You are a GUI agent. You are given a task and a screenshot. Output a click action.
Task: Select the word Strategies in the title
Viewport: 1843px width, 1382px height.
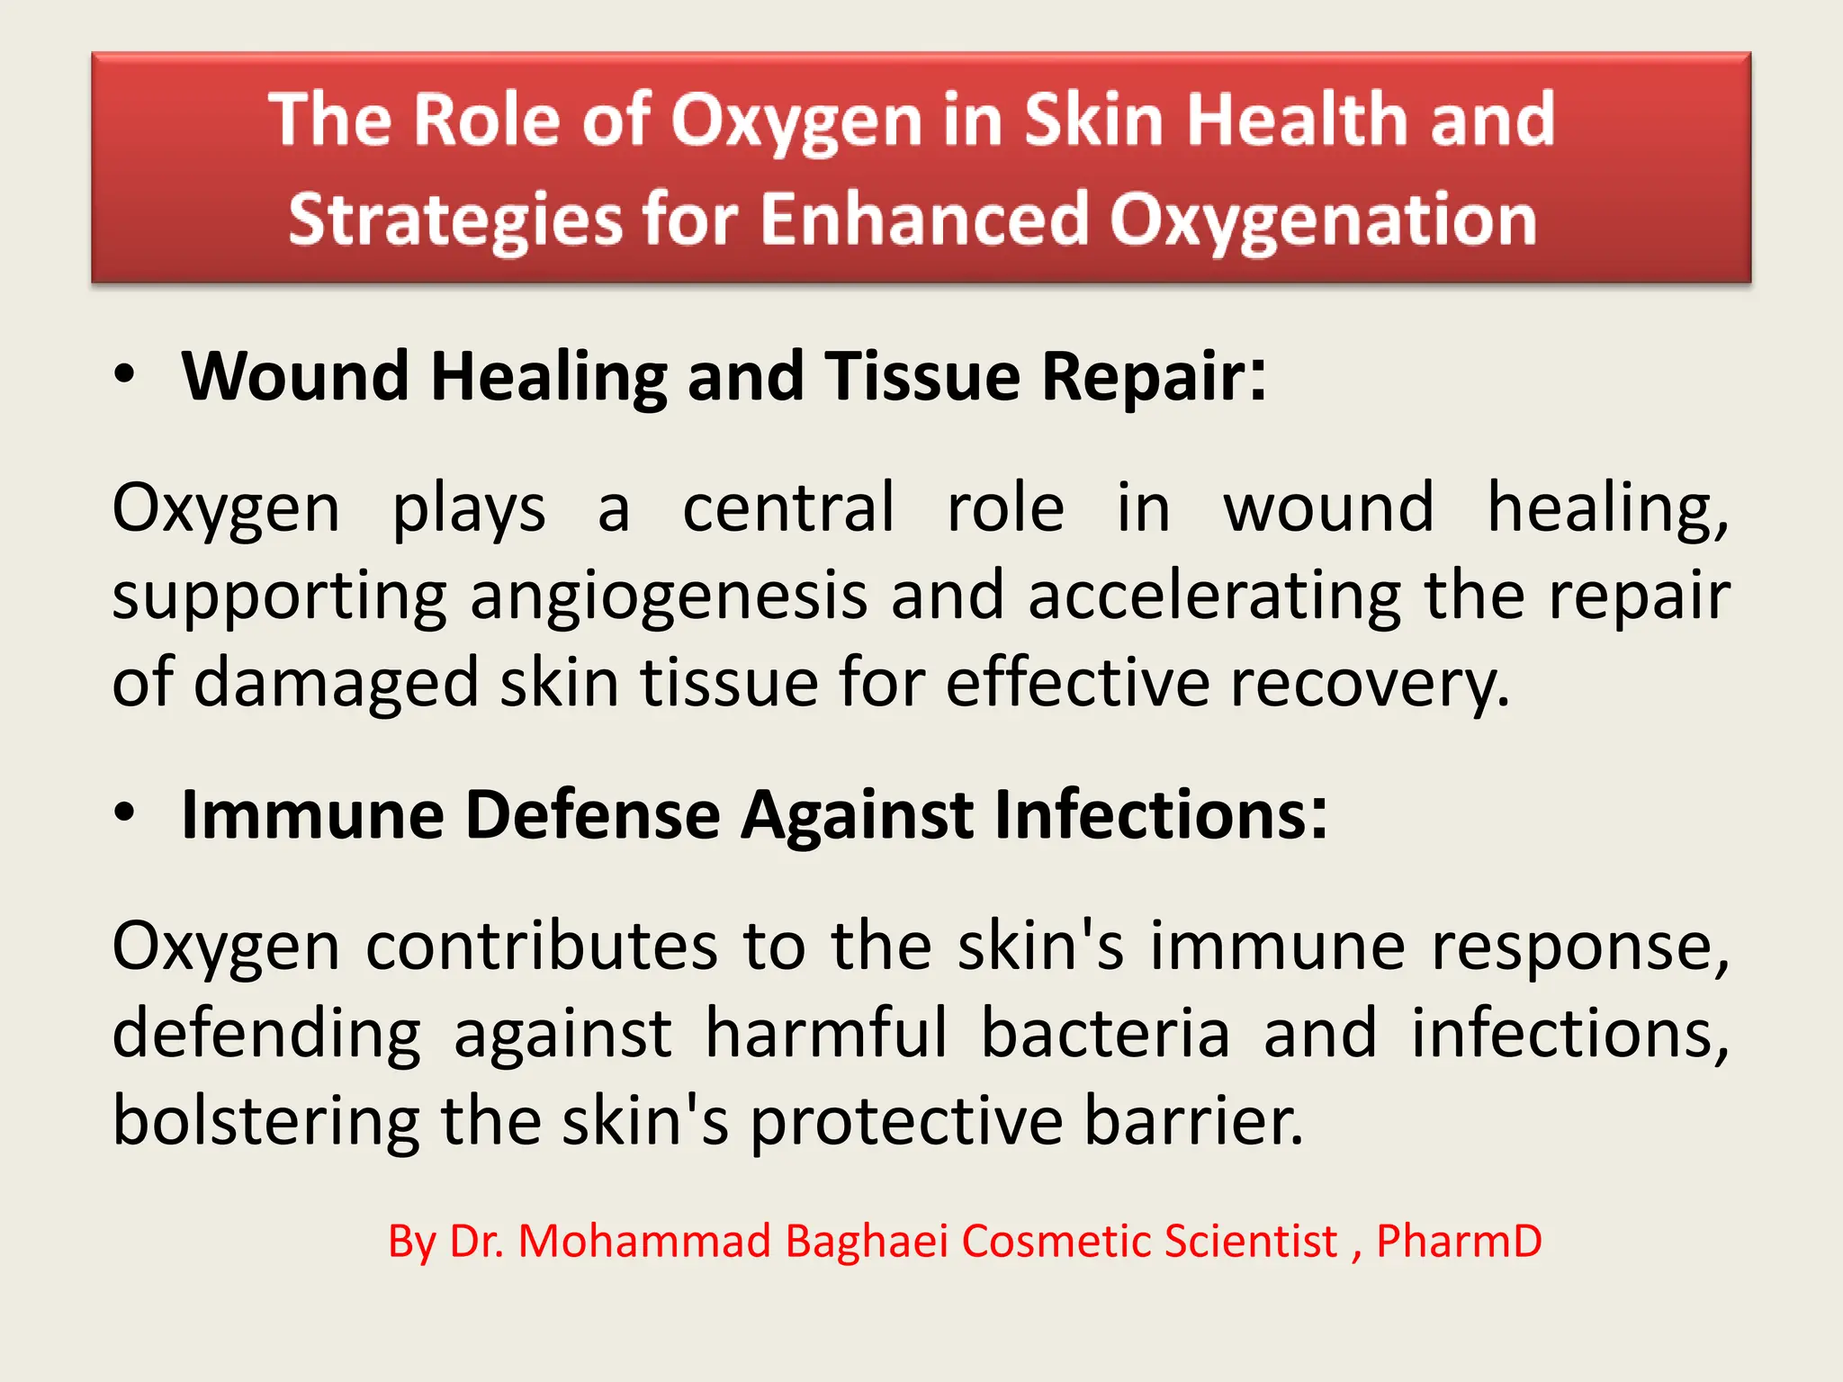tap(455, 220)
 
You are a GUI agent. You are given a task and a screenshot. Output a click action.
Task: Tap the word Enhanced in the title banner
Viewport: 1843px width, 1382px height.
tap(924, 220)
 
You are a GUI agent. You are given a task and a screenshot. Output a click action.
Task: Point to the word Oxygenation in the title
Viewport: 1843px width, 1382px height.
tap(1323, 220)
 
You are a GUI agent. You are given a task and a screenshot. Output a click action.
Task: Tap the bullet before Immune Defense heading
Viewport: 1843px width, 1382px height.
tap(125, 813)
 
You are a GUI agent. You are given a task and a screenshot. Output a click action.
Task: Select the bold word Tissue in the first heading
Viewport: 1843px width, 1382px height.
tap(922, 376)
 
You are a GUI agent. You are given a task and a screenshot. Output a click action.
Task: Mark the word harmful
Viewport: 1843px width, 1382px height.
tap(826, 1034)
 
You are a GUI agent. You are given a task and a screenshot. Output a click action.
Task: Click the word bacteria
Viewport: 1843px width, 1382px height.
tap(1105, 1034)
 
